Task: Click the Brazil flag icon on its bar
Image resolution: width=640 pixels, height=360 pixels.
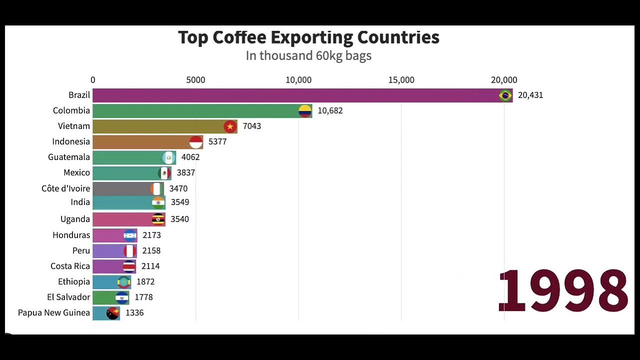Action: [x=505, y=95]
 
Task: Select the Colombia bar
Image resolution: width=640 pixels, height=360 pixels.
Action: [x=200, y=111]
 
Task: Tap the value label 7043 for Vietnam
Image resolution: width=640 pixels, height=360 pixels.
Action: [x=252, y=126]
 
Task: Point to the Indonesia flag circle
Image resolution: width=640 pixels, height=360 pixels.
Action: [x=196, y=142]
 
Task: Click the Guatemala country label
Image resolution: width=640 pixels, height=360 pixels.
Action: [x=69, y=157]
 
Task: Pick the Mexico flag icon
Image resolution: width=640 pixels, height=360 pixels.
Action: [x=164, y=173]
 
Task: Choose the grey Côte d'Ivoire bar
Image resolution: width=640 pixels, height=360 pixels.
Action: [x=122, y=188]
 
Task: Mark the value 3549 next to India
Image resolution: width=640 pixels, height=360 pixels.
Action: [x=180, y=202]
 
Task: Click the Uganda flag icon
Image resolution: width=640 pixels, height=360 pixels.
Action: [x=158, y=219]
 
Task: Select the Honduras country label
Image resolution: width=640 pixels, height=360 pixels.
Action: [x=71, y=235]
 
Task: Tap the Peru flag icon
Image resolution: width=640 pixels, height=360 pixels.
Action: [x=130, y=250]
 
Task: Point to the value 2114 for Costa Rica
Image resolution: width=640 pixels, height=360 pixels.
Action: [x=150, y=266]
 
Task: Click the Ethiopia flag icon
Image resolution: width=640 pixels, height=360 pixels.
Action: [x=123, y=282]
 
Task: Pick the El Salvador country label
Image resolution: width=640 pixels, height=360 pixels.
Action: [x=68, y=297]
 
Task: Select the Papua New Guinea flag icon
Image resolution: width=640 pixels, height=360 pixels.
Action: [x=113, y=313]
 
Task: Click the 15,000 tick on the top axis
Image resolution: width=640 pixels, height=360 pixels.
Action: [x=401, y=80]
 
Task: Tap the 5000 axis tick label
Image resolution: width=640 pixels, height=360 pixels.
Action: [x=195, y=80]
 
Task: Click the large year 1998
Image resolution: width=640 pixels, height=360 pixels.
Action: [x=563, y=291]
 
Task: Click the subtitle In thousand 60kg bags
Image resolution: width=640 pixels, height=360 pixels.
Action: [x=308, y=55]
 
